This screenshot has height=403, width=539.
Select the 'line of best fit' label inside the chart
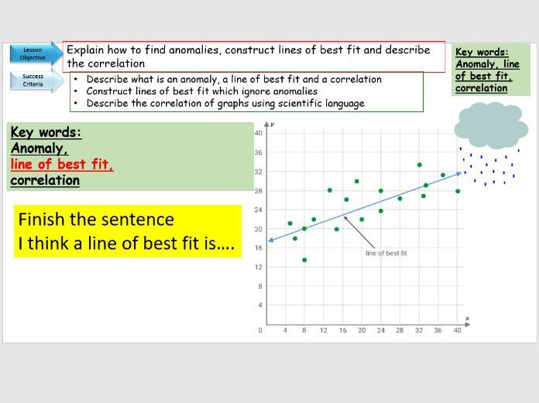tap(386, 253)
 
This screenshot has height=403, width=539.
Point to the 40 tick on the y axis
tap(259, 133)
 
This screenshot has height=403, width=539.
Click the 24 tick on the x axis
tap(380, 330)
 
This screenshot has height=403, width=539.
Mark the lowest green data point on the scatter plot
tap(304, 260)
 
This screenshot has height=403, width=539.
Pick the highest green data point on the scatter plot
tap(419, 165)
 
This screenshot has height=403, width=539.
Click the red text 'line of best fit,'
tap(62, 164)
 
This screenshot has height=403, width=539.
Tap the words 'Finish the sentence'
tap(96, 220)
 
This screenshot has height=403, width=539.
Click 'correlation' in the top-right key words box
tap(481, 87)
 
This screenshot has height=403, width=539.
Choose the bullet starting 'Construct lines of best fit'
tap(201, 91)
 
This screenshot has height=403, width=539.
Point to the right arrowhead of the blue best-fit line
tap(459, 174)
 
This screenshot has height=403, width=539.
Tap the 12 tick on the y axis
tap(259, 267)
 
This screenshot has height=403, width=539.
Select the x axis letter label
tap(467, 318)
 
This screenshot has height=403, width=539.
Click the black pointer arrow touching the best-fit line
tap(352, 226)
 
